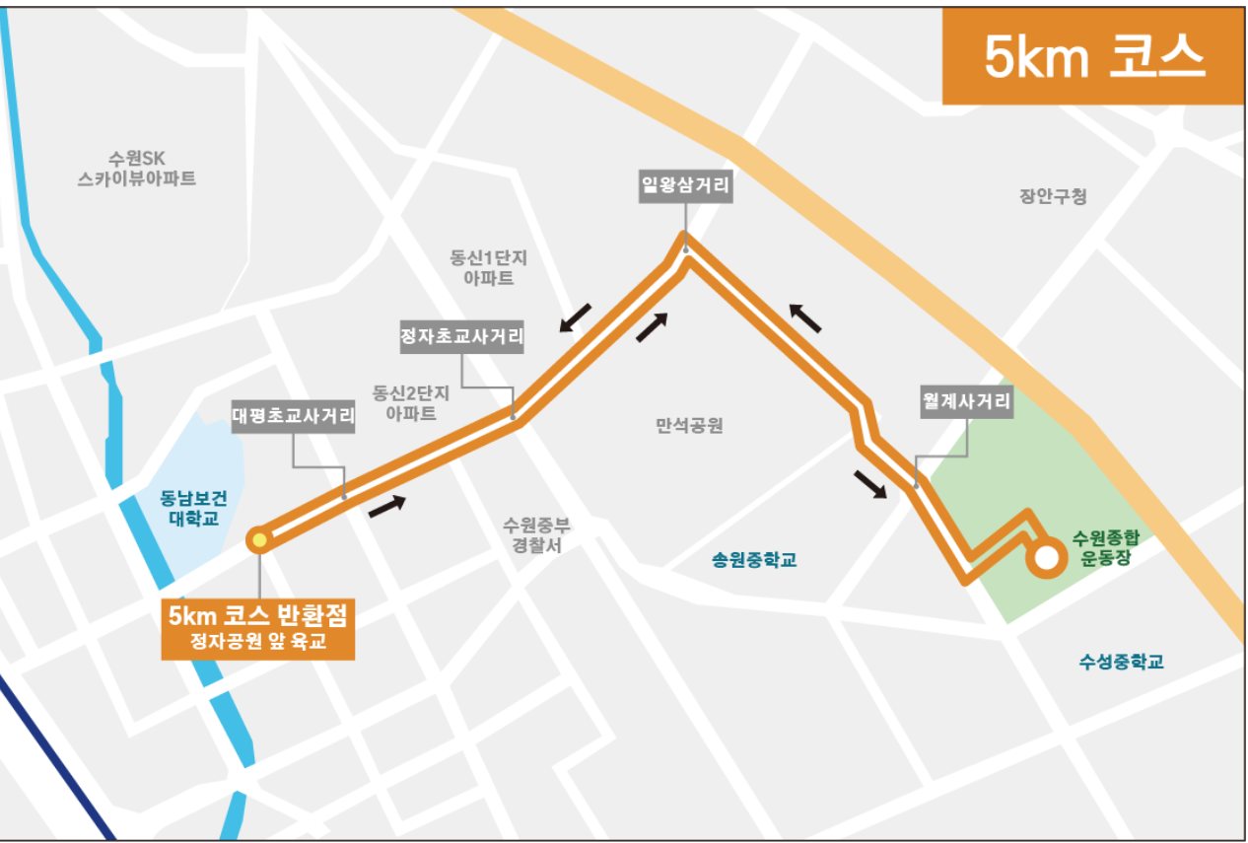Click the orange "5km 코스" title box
[1093, 57]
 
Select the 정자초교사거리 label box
[461, 337]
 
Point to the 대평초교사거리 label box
[294, 416]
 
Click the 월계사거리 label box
[966, 401]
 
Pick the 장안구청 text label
[1053, 196]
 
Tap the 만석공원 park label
[689, 426]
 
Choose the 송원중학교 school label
[754, 560]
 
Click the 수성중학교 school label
[1121, 661]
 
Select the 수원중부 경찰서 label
[536, 534]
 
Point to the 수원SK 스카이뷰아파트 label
[137, 169]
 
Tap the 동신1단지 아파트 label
[489, 267]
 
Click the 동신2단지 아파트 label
[411, 402]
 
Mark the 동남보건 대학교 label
[193, 508]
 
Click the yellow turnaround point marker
[259, 539]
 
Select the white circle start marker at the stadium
[1046, 558]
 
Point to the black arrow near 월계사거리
[868, 485]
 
